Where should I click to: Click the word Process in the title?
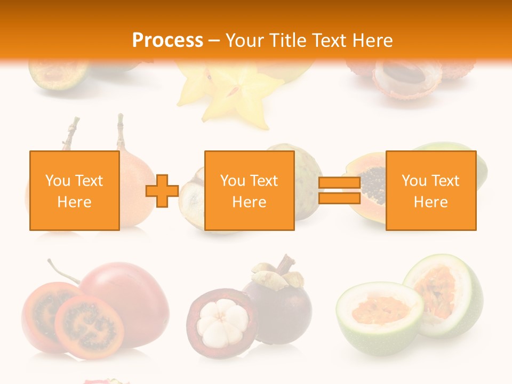(167, 41)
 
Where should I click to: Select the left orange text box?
(74, 190)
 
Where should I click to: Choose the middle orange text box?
(249, 190)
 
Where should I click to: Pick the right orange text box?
(430, 190)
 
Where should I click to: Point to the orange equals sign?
(339, 190)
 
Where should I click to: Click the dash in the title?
(214, 41)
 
